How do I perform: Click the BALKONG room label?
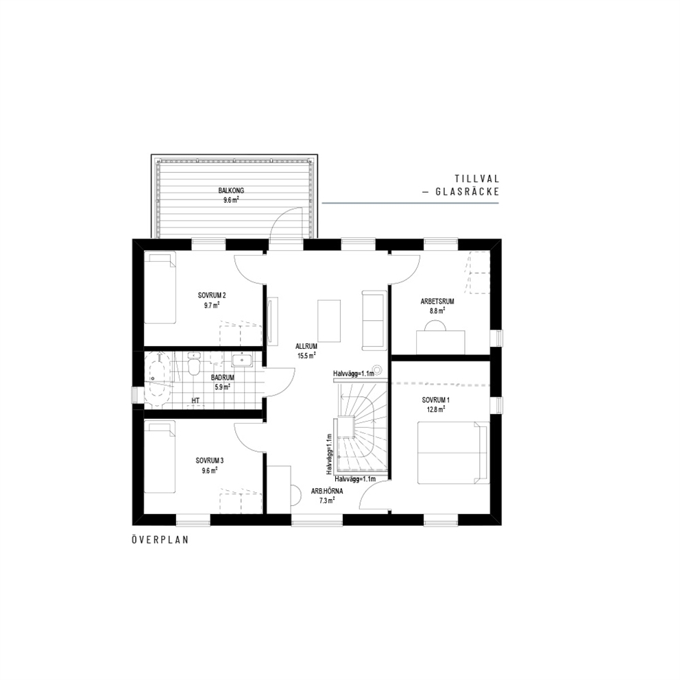(x=231, y=191)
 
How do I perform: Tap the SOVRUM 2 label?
(x=212, y=295)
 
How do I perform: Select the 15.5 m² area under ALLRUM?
(x=306, y=356)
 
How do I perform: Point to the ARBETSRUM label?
(x=437, y=302)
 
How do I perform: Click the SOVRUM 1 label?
(x=435, y=400)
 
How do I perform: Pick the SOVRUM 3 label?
(x=210, y=461)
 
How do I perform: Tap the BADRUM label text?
(x=223, y=377)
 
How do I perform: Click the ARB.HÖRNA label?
(x=327, y=491)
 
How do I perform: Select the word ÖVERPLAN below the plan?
(x=160, y=540)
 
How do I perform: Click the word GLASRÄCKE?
(x=467, y=191)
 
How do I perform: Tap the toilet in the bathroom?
(x=193, y=363)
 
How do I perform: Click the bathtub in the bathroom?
(x=158, y=380)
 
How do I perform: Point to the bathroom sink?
(x=242, y=360)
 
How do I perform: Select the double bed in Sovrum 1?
(x=453, y=452)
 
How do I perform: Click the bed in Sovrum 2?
(x=160, y=287)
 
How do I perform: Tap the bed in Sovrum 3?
(x=160, y=457)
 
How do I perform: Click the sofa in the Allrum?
(x=374, y=320)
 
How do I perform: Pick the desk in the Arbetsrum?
(x=441, y=342)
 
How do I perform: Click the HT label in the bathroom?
(x=195, y=400)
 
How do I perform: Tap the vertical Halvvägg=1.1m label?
(x=330, y=454)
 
